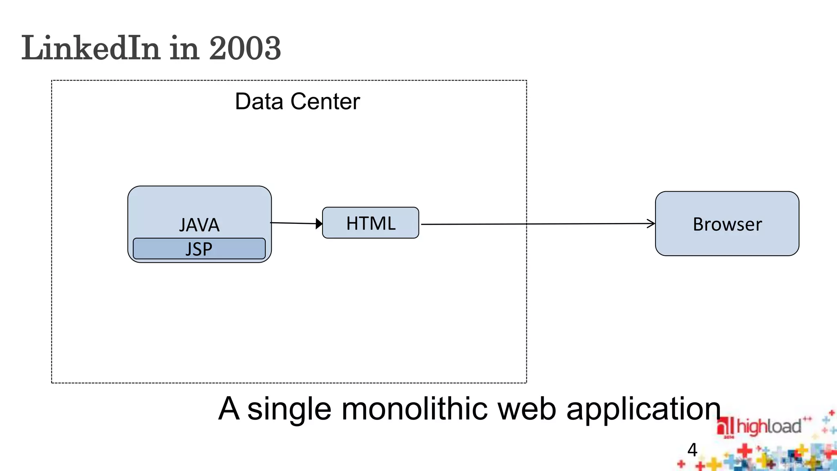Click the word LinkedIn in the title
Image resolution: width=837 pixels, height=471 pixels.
pos(90,48)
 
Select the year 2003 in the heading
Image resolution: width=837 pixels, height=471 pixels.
pos(245,48)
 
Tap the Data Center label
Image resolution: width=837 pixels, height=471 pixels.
pos(297,101)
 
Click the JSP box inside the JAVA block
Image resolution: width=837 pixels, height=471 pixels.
pos(199,249)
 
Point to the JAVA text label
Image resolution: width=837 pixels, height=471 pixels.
pos(199,225)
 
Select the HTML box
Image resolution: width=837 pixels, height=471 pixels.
pos(370,223)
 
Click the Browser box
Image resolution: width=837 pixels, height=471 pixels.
pos(727,224)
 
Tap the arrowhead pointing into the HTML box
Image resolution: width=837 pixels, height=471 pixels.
pos(319,224)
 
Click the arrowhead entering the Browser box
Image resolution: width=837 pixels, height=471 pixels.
pos(651,223)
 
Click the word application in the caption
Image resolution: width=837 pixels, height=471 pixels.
pos(643,408)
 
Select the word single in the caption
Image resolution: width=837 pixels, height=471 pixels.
pos(289,408)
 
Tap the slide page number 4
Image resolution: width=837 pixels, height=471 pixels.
pos(692,450)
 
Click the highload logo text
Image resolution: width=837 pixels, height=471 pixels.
pos(768,427)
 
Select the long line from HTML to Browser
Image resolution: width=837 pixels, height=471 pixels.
pos(531,224)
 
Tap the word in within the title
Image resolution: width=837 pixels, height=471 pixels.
pos(184,48)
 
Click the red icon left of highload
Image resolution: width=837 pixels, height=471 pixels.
pos(725,427)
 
